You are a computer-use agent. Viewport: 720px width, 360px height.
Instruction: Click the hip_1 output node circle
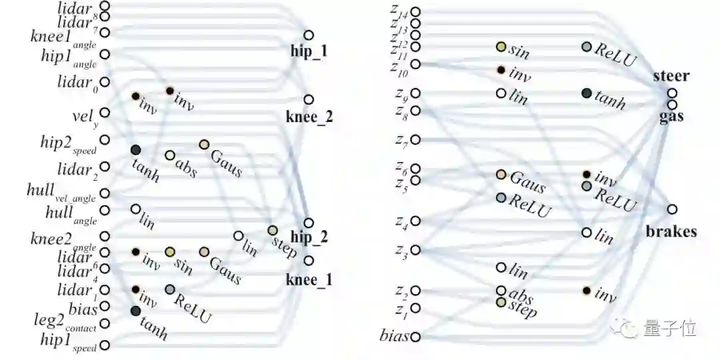tap(308, 35)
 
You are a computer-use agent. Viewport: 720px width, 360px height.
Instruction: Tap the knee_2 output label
tap(309, 117)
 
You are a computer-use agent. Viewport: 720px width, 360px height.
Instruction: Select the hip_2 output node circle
tap(308, 223)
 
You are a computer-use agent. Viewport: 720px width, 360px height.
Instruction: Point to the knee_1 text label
tap(309, 279)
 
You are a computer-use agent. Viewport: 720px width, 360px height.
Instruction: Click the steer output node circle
tap(673, 93)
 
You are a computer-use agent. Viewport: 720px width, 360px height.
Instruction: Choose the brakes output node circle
tap(672, 209)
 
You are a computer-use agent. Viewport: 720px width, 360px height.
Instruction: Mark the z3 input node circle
tap(416, 250)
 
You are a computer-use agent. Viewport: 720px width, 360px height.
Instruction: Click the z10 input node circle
tap(416, 64)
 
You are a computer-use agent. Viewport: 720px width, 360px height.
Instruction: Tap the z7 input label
tap(401, 141)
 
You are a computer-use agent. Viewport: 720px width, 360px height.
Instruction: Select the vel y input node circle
tap(105, 113)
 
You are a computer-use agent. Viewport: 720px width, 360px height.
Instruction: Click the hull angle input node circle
tap(105, 211)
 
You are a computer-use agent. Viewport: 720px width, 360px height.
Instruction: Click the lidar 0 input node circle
tap(105, 82)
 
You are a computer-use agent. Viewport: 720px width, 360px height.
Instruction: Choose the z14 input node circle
tap(416, 11)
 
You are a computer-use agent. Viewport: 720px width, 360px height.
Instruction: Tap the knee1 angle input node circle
tap(105, 32)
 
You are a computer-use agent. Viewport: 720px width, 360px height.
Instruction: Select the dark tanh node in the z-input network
tap(587, 93)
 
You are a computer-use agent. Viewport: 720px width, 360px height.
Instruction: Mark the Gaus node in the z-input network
tap(501, 175)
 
